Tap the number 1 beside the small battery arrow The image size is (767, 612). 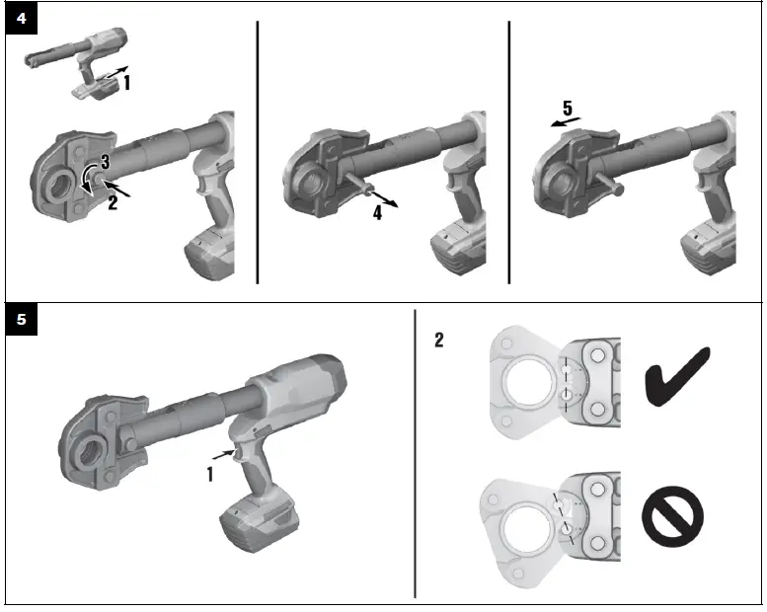(x=126, y=84)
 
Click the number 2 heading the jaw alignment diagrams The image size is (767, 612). (x=440, y=341)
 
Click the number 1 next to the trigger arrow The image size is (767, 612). (x=209, y=473)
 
